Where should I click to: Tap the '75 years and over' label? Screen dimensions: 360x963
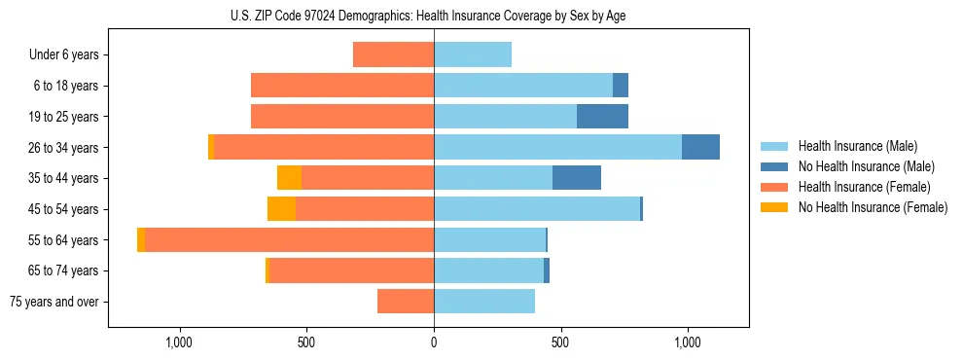point(54,302)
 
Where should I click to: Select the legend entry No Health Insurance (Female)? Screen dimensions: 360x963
point(873,207)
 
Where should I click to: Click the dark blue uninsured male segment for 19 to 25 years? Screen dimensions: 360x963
point(602,117)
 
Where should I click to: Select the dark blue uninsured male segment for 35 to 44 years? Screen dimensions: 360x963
point(577,178)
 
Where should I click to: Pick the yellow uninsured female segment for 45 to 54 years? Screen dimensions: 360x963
point(281,209)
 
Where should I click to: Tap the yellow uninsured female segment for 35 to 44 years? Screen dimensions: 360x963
point(289,178)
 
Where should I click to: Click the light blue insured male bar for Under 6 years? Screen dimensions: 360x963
point(473,54)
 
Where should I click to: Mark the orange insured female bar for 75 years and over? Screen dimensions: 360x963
point(406,302)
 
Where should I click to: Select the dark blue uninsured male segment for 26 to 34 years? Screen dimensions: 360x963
point(700,148)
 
